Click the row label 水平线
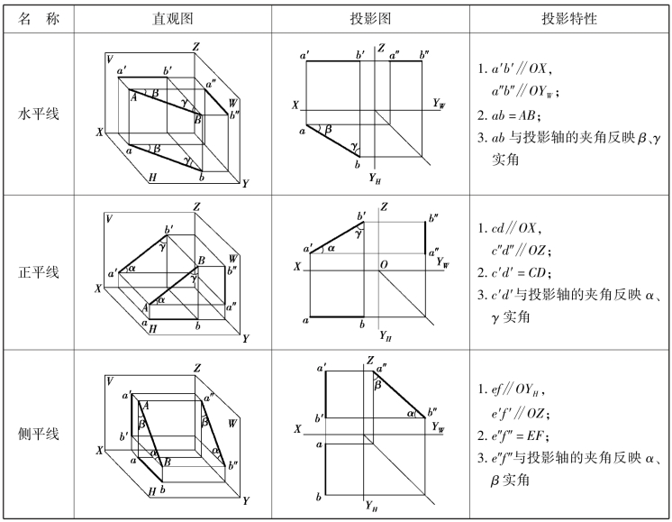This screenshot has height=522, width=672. [38, 114]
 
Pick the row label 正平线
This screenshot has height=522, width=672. [38, 271]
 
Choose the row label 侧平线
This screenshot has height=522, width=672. [38, 434]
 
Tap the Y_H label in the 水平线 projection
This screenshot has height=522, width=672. [376, 179]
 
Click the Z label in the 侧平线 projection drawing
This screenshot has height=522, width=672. [369, 362]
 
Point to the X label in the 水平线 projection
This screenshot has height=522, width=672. [295, 105]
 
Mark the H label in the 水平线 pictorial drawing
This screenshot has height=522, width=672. [152, 178]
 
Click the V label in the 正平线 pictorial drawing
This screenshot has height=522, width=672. [109, 218]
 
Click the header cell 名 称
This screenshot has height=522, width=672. [38, 17]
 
